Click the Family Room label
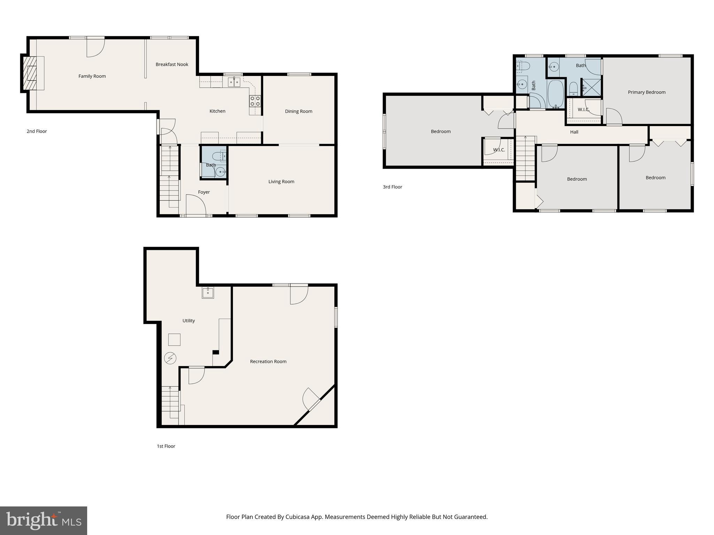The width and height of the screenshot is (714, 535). tap(92, 76)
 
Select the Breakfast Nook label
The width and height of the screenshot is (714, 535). tap(172, 64)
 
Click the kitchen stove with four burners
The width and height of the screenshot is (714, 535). tap(255, 101)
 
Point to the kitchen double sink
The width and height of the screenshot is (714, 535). tap(234, 82)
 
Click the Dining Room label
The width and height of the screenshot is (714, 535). tap(298, 111)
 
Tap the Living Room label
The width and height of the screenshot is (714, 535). tap(281, 181)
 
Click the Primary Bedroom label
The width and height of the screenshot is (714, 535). tap(646, 92)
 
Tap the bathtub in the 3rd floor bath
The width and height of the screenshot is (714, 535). tap(555, 94)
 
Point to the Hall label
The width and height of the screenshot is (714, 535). tap(574, 132)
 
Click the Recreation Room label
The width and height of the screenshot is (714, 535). tap(268, 362)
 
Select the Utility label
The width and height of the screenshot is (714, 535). tap(189, 321)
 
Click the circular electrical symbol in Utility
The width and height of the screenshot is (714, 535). tap(170, 358)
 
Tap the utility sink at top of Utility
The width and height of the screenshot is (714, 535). tap(208, 293)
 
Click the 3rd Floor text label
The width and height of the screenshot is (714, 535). tap(392, 187)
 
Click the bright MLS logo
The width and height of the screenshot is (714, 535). tap(43, 520)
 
